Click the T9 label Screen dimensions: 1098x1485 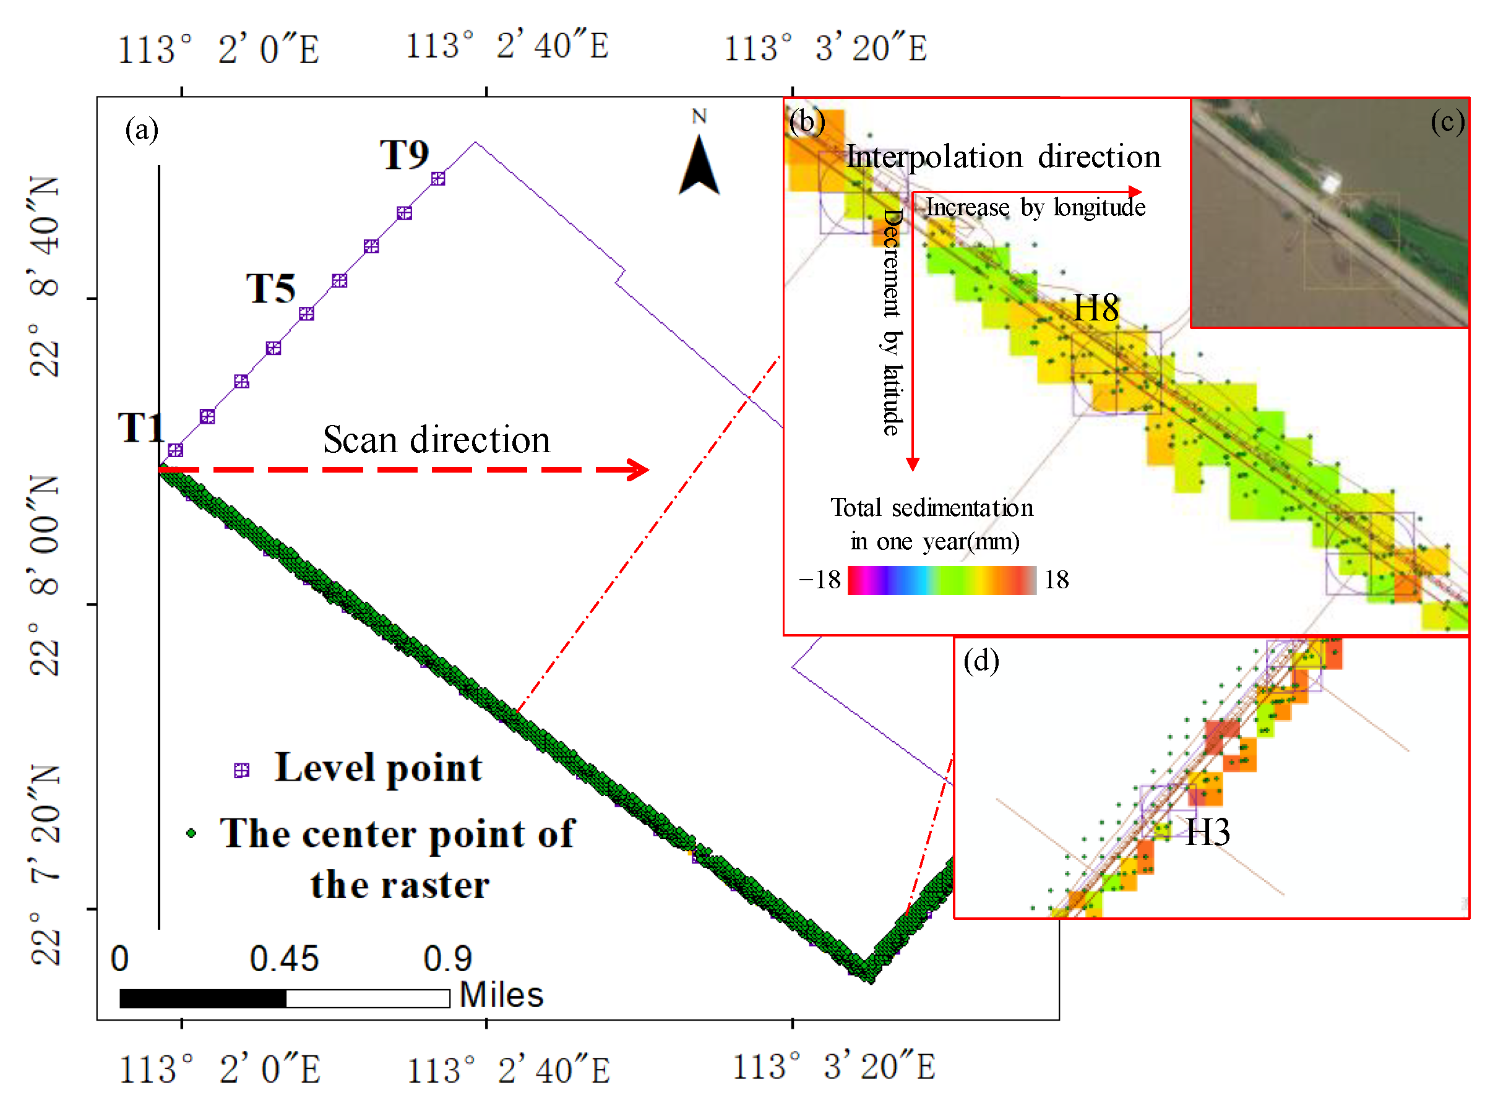[x=404, y=155]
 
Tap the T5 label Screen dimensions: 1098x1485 [x=270, y=289]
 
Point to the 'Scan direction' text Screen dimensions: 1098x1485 [x=437, y=440]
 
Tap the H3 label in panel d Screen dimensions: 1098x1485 [x=1207, y=832]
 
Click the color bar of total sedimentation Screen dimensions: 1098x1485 [x=942, y=580]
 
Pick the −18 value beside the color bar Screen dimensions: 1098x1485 [x=820, y=580]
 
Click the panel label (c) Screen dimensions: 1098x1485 [x=1447, y=122]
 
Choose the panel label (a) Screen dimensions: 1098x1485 [x=142, y=130]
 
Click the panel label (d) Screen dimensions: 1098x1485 [x=981, y=661]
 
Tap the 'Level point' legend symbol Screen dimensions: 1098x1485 [x=241, y=770]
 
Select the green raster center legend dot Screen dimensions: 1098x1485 [x=191, y=833]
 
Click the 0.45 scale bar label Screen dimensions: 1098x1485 [x=285, y=959]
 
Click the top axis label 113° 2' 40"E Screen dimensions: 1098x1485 [x=507, y=46]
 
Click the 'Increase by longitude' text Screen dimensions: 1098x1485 [x=1035, y=207]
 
